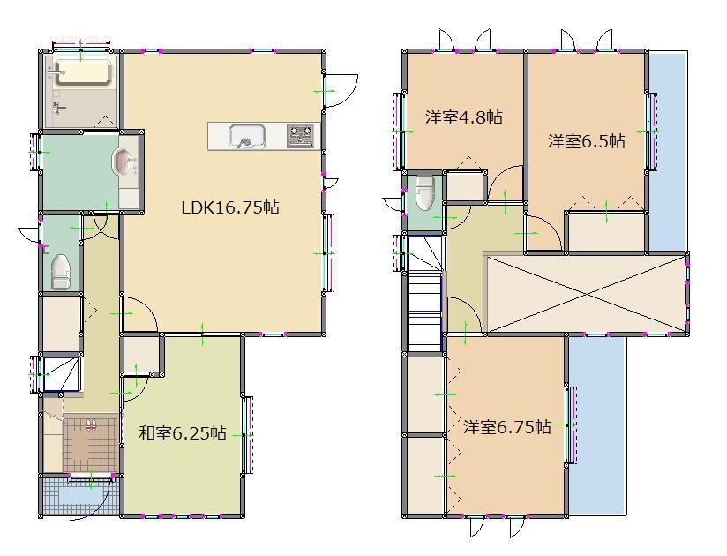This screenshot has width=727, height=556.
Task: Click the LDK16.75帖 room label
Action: pos(230,208)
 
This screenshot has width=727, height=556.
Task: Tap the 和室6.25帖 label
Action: pos(183,433)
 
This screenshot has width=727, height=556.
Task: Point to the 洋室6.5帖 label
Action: pos(586,140)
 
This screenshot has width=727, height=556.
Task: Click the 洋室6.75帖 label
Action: pos(507,427)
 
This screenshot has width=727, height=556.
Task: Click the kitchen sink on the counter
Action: pos(247,136)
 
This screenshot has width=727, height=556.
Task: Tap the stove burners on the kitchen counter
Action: pos(300,135)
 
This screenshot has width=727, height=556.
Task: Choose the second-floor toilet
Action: pos(423,192)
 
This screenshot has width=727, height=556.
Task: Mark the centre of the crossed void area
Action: pos(586,294)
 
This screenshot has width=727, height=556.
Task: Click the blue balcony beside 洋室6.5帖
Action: pos(668,150)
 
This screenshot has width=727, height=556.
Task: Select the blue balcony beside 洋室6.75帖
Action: pos(596,424)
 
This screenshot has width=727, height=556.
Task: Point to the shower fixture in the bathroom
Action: pos(59,109)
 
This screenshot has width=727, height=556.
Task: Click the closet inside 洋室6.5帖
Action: pos(606,231)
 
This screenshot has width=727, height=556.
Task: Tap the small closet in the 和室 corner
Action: pos(141,356)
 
